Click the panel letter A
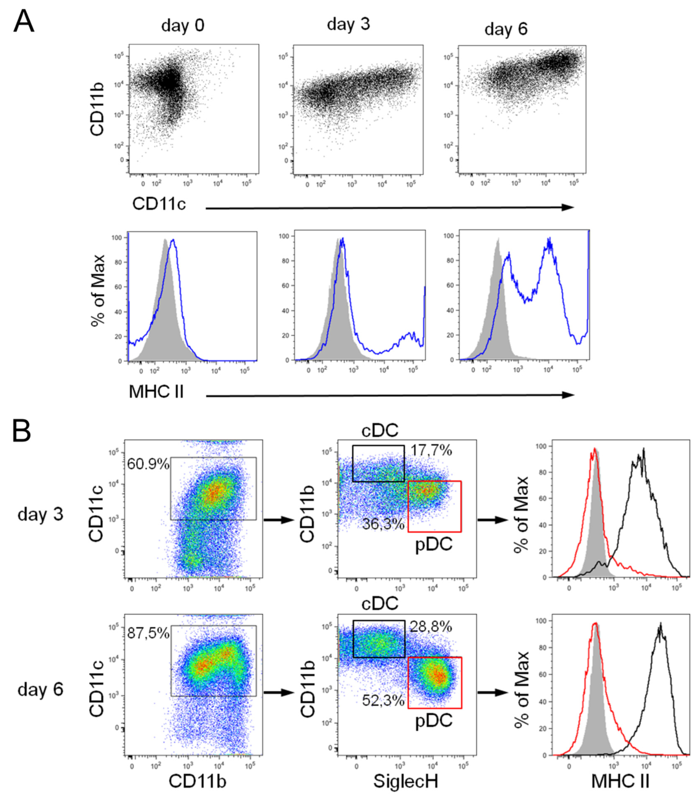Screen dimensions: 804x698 point(23,22)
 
